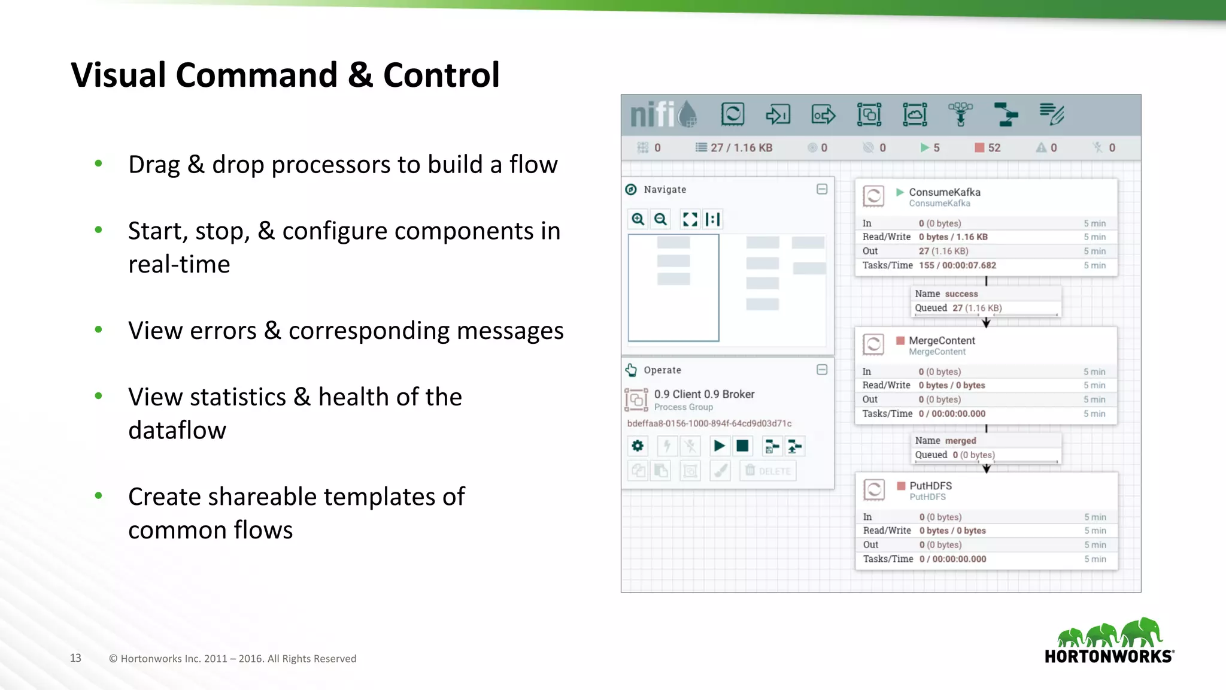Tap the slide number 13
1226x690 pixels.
pyautogui.click(x=75, y=658)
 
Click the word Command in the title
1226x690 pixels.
pyautogui.click(x=256, y=75)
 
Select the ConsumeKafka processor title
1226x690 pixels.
pyautogui.click(x=944, y=192)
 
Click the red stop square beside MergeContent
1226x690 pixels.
pyautogui.click(x=900, y=340)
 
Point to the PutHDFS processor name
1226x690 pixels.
pyautogui.click(x=930, y=486)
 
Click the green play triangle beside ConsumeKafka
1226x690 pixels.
pyautogui.click(x=899, y=192)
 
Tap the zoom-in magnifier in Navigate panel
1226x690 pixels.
pyautogui.click(x=638, y=219)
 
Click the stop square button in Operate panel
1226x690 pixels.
pyautogui.click(x=742, y=446)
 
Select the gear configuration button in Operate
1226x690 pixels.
pyautogui.click(x=638, y=446)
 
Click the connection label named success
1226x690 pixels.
pyautogui.click(x=961, y=294)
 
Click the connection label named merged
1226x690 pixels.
pyautogui.click(x=960, y=441)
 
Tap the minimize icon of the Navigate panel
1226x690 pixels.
pyautogui.click(x=822, y=189)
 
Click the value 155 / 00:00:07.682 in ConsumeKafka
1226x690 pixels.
pyautogui.click(x=957, y=265)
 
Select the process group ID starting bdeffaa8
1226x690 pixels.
pyautogui.click(x=709, y=423)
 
